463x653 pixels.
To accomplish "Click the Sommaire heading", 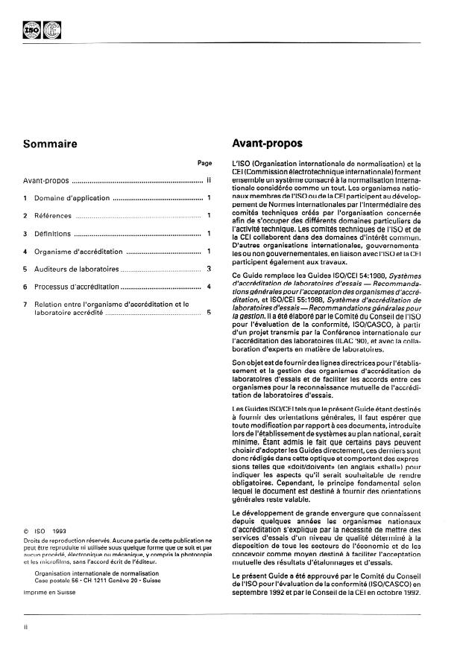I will pos(50,144).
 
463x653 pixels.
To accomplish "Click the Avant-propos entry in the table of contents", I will pos(45,180).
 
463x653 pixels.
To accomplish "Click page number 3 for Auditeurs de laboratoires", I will pos(210,269).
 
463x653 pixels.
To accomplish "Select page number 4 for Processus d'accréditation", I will pos(210,287).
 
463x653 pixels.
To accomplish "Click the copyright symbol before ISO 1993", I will pos(27,531).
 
